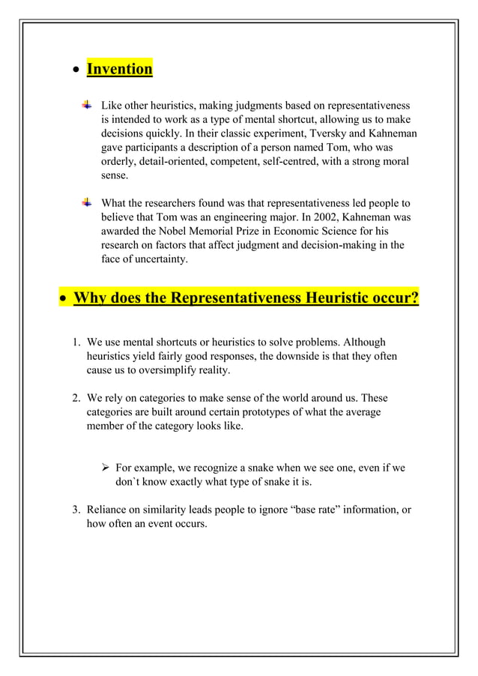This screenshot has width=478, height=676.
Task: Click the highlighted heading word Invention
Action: coord(119,69)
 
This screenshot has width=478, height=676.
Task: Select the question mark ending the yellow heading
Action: coord(414,298)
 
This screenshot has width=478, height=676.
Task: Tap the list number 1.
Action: coord(76,342)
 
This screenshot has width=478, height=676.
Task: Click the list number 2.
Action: coord(76,398)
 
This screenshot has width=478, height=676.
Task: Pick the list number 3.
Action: coord(76,510)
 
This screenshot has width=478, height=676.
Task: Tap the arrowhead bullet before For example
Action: coord(106,468)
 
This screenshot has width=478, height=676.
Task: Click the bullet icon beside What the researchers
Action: coord(87,203)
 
